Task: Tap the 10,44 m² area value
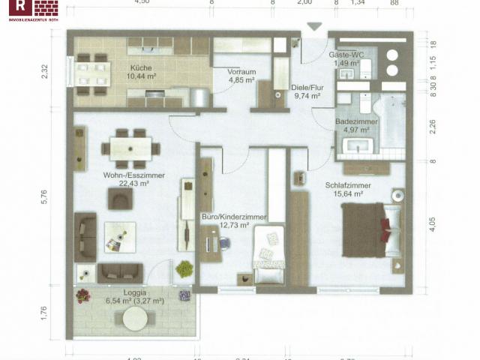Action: pos(141,76)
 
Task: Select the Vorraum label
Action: pos(241,71)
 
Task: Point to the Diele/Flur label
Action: pos(307,88)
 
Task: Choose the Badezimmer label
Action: pos(351,121)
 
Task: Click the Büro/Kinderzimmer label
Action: pos(233,217)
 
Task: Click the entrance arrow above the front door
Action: pos(314,27)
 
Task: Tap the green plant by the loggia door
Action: pos(183,268)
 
